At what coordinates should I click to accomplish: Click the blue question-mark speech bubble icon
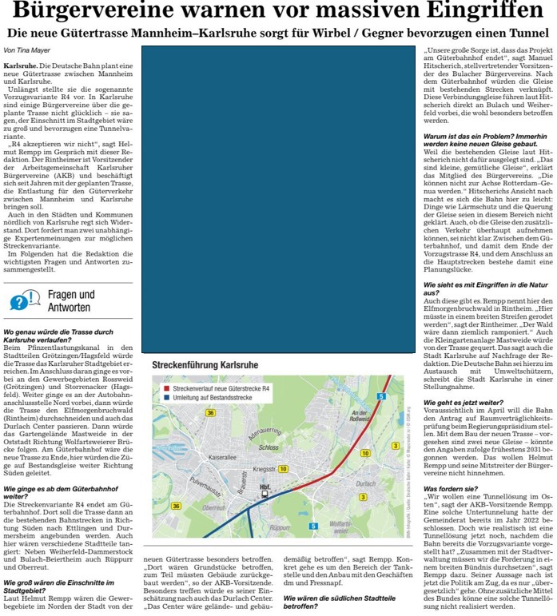pyautogui.click(x=25, y=300)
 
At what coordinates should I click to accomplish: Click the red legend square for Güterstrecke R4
pyautogui.click(x=156, y=387)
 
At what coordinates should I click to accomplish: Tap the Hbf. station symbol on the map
pyautogui.click(x=264, y=495)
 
